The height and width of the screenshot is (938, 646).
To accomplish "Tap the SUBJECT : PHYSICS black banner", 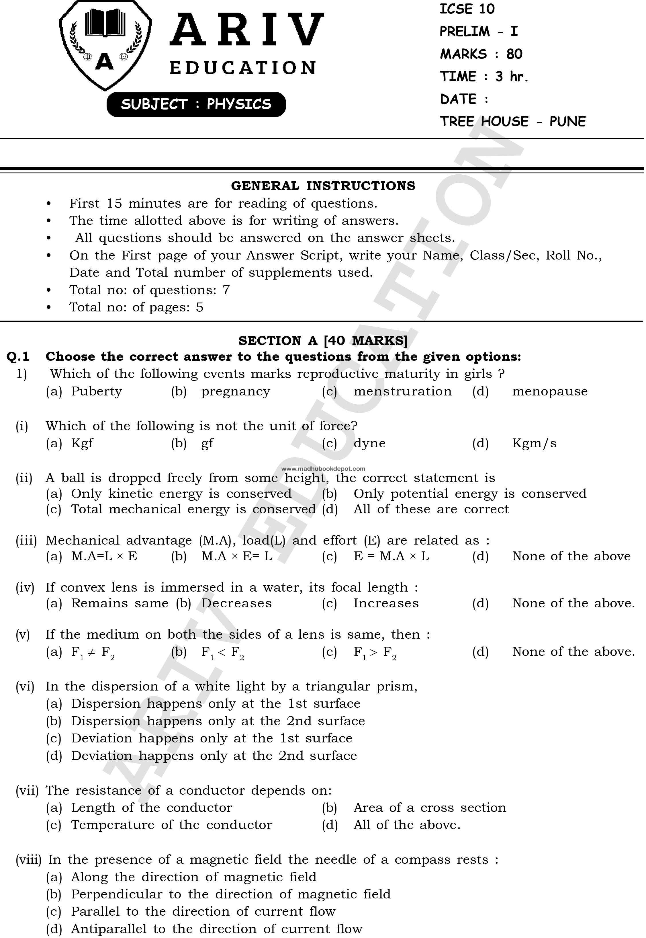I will tap(196, 104).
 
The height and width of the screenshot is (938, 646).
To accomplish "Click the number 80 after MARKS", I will tap(514, 54).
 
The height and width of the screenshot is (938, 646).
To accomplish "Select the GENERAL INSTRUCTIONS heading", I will tap(323, 186).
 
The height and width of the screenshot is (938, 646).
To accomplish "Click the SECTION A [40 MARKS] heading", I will tap(323, 341).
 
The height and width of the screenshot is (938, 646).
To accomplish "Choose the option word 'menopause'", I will tap(550, 391).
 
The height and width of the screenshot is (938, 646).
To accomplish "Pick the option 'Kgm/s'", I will tap(534, 443).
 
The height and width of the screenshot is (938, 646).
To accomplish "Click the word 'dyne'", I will tap(369, 443).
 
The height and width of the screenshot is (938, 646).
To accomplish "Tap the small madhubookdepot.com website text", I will tap(323, 469).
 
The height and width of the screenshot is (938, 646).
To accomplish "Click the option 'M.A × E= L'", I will tap(237, 556).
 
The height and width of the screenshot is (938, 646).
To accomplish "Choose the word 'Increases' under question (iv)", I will tap(386, 603).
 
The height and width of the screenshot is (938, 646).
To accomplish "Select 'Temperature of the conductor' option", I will tap(172, 825).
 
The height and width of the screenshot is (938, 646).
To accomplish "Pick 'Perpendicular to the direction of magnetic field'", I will tap(231, 894).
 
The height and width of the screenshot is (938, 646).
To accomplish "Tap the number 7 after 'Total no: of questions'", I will tap(226, 290).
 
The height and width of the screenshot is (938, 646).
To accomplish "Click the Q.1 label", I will tap(18, 357).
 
